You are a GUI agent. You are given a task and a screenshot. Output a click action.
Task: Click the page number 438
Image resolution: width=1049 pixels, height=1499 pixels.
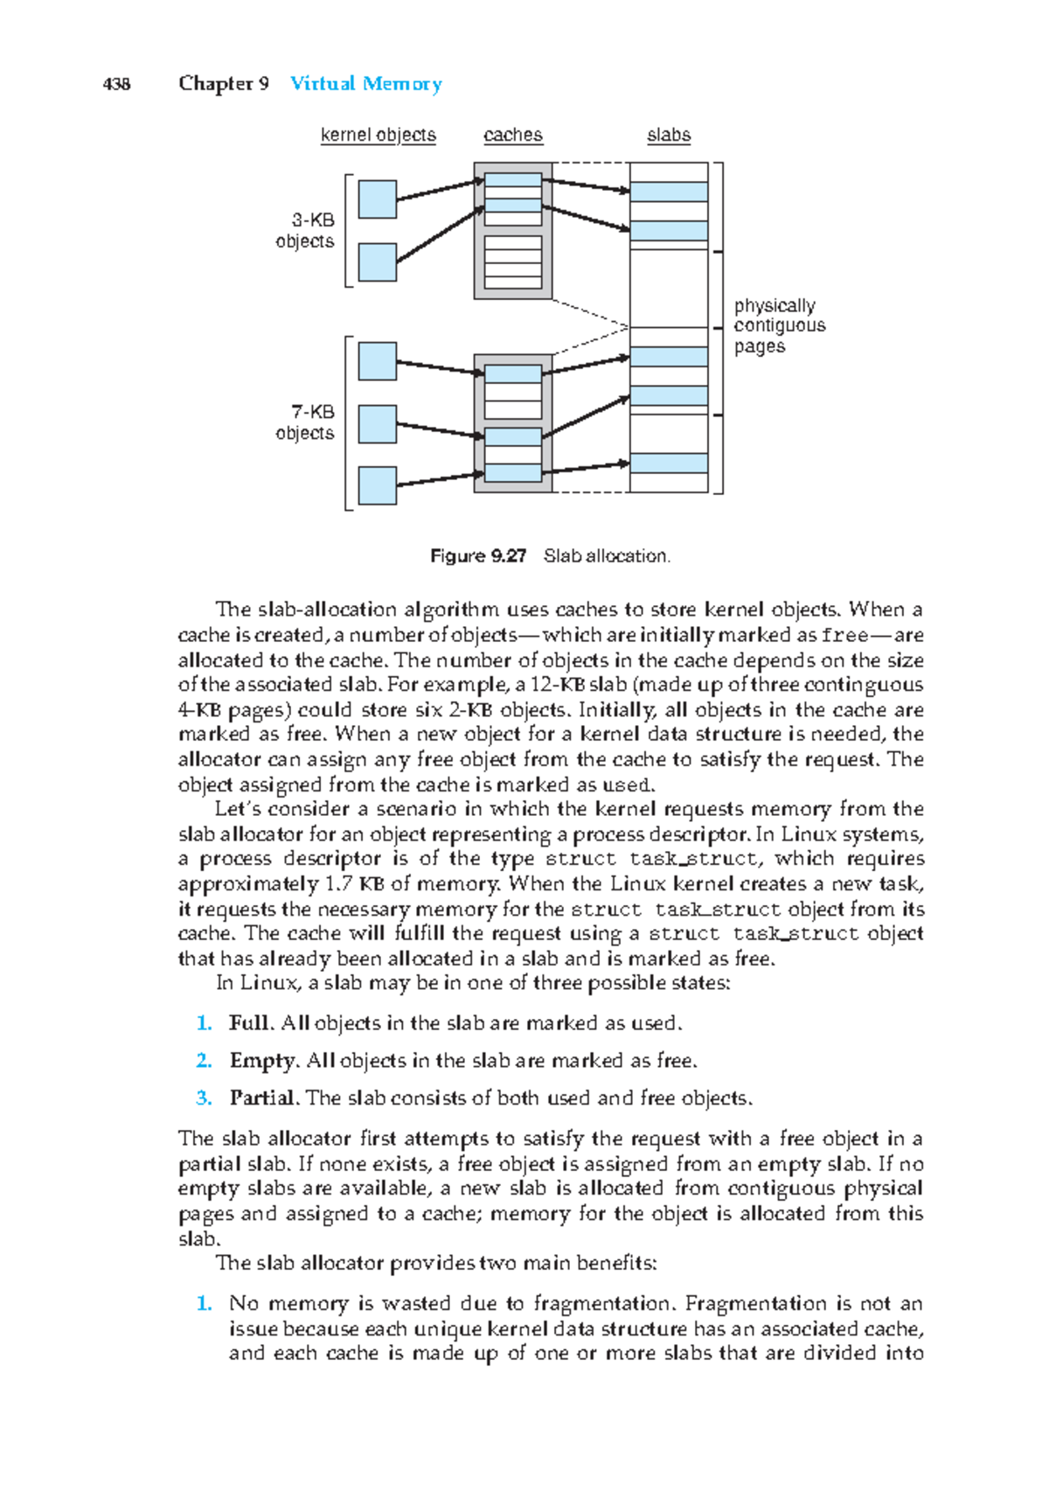pos(116,84)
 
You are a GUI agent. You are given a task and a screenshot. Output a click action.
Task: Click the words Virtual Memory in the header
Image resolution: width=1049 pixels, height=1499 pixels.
pos(365,84)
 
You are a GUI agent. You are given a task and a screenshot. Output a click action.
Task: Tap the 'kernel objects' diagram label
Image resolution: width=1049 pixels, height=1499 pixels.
pos(378,135)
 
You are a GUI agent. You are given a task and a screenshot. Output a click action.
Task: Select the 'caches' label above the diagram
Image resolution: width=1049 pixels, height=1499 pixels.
pos(512,135)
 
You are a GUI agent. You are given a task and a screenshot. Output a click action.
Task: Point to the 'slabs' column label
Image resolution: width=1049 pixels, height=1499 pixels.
pos(669,135)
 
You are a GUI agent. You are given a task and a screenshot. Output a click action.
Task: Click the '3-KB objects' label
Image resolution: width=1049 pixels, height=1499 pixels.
pos(305,231)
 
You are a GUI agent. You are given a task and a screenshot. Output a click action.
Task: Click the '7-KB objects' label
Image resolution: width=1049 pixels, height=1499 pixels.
pos(305,422)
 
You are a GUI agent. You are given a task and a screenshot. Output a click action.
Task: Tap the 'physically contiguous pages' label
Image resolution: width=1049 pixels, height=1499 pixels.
pos(778,325)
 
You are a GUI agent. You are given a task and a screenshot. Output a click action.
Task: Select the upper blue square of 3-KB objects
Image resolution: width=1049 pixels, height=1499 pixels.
pos(378,199)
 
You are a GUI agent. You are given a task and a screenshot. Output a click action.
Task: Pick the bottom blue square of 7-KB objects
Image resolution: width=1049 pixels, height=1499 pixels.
pos(378,485)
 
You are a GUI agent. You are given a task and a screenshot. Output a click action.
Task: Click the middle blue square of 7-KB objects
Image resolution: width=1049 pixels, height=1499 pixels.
pos(378,424)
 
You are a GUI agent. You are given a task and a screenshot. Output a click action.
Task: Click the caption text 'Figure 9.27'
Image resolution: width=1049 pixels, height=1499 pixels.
pos(478,556)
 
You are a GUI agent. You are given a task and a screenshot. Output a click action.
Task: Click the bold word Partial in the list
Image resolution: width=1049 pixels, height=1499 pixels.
pos(264,1098)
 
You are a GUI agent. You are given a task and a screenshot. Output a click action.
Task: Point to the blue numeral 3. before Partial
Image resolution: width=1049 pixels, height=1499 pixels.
pos(204,1098)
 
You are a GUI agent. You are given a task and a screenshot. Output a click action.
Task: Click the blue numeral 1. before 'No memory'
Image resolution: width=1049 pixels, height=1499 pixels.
pos(204,1304)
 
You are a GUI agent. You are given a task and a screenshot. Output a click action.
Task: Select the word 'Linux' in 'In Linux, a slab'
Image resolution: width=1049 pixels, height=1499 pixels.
pos(270,983)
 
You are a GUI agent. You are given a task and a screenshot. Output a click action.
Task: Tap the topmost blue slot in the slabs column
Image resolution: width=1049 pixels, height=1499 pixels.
pos(669,192)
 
